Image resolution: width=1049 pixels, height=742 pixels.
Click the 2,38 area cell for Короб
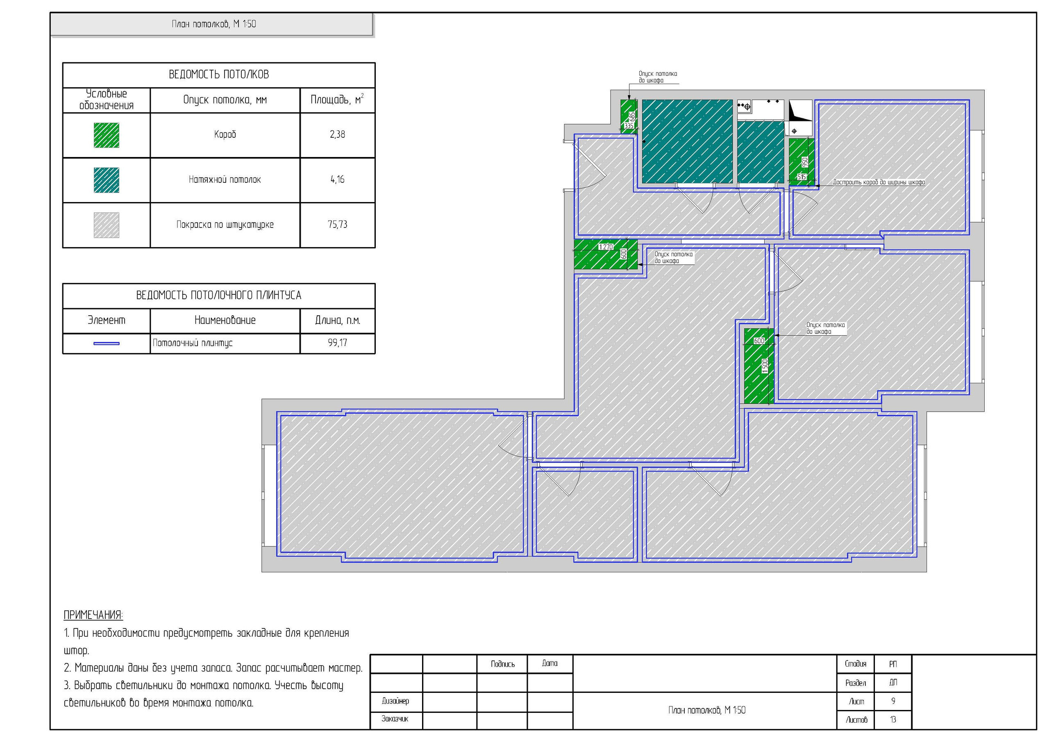(x=337, y=134)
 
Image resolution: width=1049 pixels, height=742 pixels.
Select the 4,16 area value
(x=337, y=180)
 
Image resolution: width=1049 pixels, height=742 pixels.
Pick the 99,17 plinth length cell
(x=337, y=343)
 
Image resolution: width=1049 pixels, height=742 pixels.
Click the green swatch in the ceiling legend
(x=107, y=135)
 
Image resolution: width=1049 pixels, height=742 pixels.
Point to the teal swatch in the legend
(x=107, y=180)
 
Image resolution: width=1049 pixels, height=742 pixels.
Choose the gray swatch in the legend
(x=107, y=225)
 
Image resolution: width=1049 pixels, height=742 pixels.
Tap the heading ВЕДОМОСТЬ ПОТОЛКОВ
(x=219, y=75)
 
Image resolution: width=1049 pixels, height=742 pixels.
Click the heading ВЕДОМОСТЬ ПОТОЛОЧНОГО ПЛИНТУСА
(x=219, y=295)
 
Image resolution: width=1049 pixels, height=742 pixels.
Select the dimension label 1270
(x=606, y=247)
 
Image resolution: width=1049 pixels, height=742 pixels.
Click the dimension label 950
(x=805, y=162)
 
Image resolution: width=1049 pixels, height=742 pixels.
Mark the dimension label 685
(x=632, y=116)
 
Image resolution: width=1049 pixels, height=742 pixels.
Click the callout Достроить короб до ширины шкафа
(x=879, y=182)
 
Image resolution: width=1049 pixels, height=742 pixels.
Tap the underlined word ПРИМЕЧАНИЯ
(x=93, y=615)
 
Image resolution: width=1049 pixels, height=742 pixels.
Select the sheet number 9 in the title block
(x=893, y=701)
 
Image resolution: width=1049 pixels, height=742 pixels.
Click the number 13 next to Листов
(x=893, y=719)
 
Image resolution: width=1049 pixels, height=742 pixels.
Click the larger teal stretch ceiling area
(x=687, y=141)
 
